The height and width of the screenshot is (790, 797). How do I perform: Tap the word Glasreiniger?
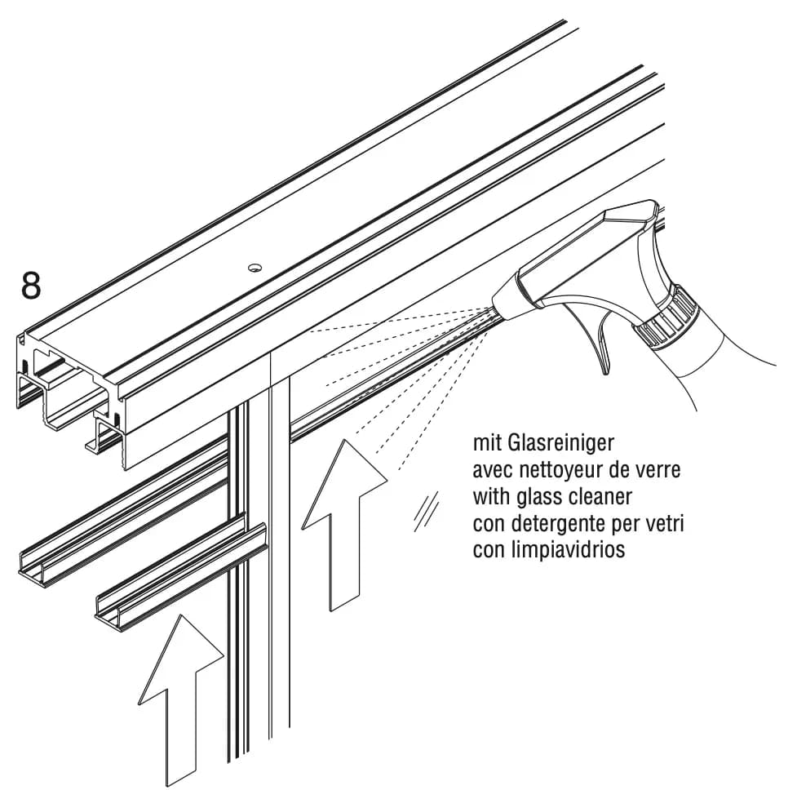coord(560,443)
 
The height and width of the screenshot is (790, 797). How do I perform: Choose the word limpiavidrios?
coord(566,550)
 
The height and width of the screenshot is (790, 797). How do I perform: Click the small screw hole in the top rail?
coord(255,268)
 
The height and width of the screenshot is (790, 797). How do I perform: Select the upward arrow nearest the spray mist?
coord(344,524)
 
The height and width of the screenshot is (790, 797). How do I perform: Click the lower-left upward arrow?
coord(181,702)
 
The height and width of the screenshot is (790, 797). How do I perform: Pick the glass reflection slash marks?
coord(426,512)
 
